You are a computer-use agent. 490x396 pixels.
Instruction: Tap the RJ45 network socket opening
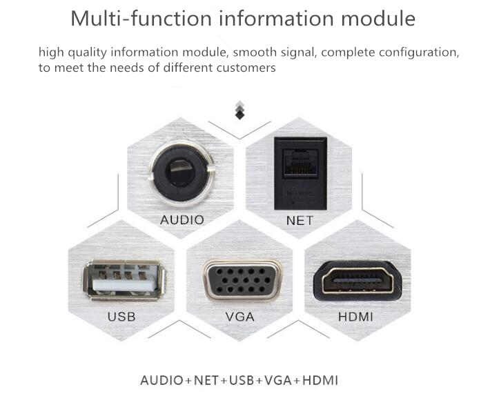coord(300,161)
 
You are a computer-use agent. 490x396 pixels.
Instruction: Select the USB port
coord(124,280)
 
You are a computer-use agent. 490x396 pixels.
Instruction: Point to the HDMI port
coord(357,281)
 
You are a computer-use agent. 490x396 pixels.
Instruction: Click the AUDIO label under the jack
coord(182,220)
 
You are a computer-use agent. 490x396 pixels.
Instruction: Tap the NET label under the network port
coord(300,221)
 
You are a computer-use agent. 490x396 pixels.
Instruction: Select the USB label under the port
coord(121,317)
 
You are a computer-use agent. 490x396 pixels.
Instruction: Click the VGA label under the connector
coord(240,317)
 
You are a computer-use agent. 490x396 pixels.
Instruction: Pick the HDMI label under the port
coord(355,317)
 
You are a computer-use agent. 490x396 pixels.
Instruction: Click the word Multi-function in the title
coord(141,19)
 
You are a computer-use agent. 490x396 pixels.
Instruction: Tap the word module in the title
coord(378,19)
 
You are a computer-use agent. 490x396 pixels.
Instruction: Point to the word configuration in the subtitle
coord(419,52)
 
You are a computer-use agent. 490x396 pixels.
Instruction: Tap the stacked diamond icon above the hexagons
coord(239,110)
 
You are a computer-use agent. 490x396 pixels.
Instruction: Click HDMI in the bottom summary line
coord(320,380)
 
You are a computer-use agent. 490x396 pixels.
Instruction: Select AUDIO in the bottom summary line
coord(161,380)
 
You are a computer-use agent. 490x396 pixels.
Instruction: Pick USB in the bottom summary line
coord(242,380)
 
